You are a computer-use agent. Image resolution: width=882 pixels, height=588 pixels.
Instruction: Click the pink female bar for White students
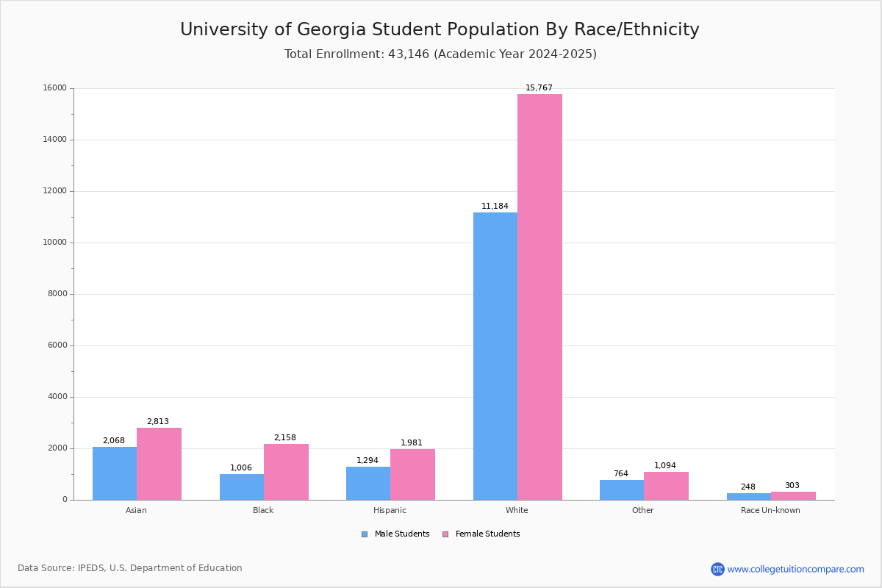[x=539, y=297]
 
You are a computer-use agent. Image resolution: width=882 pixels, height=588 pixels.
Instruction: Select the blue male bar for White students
[x=495, y=356]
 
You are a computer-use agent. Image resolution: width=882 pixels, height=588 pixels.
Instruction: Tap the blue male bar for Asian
[x=115, y=473]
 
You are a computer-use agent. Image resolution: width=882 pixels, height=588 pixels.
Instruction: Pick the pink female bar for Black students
[x=286, y=472]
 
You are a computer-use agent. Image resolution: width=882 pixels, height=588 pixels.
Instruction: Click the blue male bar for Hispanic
[x=368, y=483]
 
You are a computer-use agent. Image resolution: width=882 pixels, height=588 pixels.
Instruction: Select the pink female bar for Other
[x=666, y=486]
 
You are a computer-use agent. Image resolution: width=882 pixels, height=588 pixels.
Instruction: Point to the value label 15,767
[x=539, y=88]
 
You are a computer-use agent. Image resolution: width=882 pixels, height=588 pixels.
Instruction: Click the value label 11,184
[x=495, y=207]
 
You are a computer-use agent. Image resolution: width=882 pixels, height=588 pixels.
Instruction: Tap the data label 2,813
[x=158, y=422]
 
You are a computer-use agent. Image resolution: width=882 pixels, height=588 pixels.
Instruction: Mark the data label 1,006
[x=241, y=468]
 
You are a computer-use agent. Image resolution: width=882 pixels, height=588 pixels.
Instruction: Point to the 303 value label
[x=792, y=486]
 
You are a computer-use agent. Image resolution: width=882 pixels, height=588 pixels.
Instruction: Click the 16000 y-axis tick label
[x=54, y=88]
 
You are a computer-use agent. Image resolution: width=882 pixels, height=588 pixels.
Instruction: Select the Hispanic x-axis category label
[x=390, y=510]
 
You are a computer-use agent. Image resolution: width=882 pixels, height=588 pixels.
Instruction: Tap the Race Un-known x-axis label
[x=770, y=510]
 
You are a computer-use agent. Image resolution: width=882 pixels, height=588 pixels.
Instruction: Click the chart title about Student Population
[x=440, y=30]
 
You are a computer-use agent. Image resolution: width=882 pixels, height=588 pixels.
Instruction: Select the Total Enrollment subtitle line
[x=440, y=54]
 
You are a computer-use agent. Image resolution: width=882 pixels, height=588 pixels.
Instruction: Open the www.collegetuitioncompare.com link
[x=795, y=569]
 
